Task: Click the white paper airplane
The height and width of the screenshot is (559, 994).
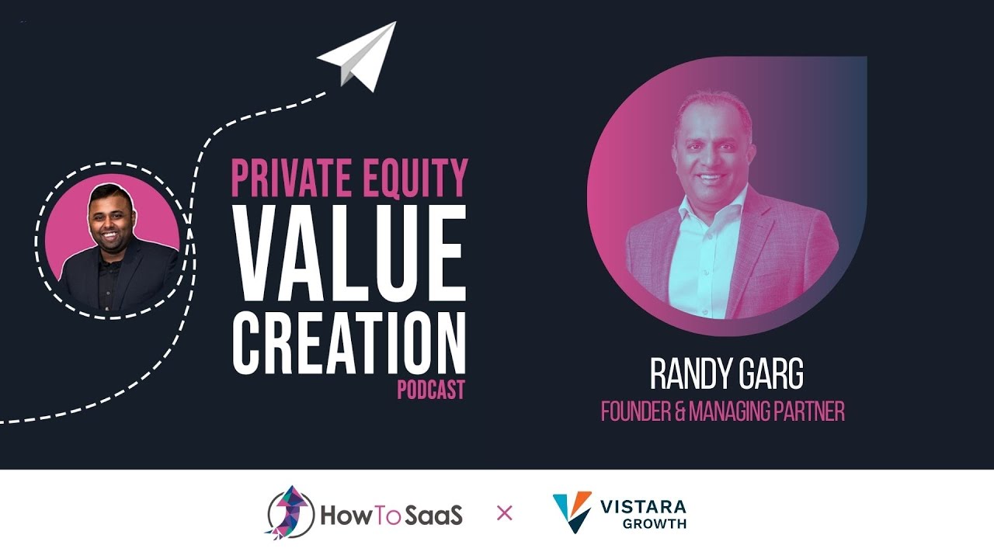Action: pos(358,55)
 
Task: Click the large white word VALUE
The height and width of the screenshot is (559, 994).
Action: pos(349,253)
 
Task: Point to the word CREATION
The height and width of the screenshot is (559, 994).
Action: pos(349,342)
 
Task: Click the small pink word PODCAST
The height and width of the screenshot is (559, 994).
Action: pos(431,390)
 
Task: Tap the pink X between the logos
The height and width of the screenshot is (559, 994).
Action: pos(505,513)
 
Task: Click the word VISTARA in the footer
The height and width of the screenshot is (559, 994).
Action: pos(643,507)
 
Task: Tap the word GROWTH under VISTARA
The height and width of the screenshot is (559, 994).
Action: pos(654,524)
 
